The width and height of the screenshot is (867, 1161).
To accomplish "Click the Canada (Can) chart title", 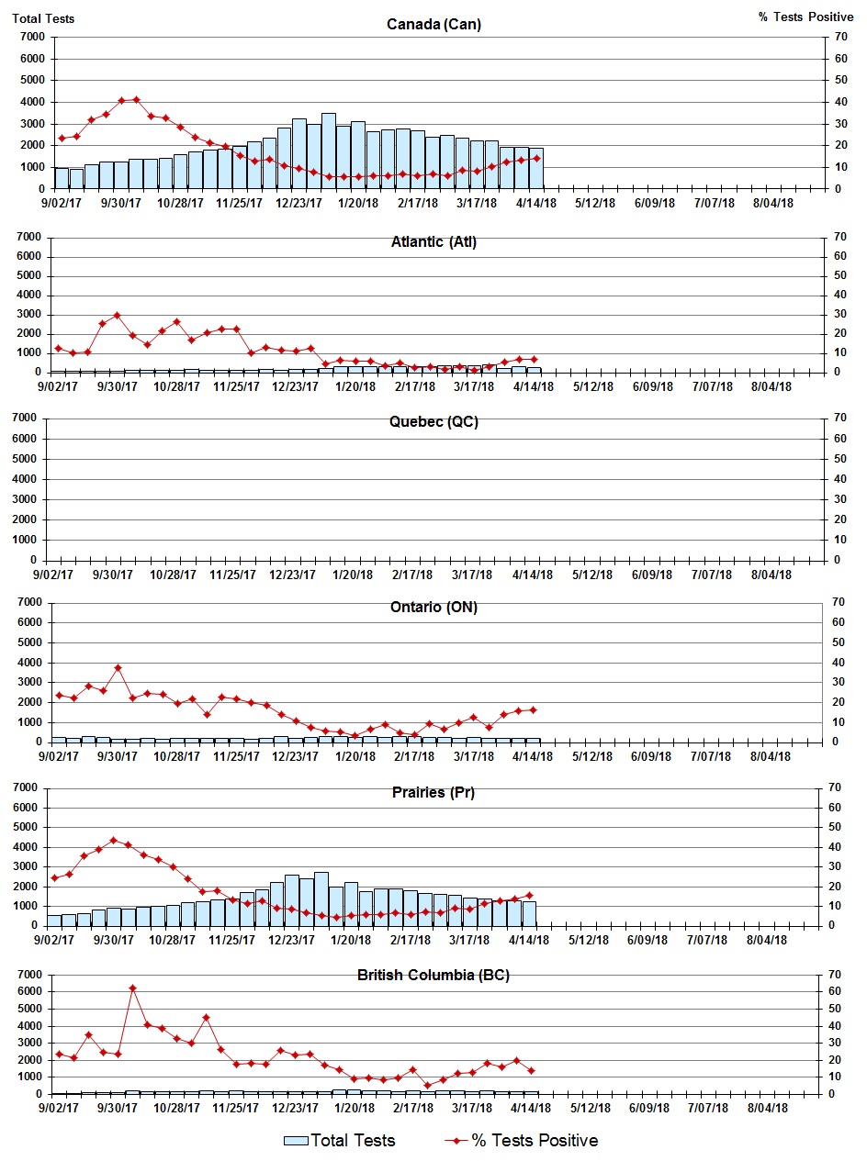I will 433,24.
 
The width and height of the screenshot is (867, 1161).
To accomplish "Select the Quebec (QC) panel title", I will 433,422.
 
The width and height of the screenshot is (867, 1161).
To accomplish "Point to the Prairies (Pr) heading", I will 432,792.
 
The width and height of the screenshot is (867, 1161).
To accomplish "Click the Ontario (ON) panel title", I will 433,608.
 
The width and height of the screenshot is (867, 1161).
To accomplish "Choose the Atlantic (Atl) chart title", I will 433,242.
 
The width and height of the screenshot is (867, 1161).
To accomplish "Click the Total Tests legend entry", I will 340,1141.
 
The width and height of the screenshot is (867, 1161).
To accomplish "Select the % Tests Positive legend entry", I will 534,1141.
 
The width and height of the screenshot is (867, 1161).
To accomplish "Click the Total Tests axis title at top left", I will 43,17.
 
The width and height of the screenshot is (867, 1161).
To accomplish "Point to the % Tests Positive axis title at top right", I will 805,17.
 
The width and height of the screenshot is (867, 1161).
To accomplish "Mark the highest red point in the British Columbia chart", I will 132,988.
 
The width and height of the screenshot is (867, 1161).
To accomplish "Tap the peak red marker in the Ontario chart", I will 118,668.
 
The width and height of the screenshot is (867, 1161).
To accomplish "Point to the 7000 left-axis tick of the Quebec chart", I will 30,419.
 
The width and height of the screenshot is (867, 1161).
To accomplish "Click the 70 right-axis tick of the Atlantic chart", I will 839,237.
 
